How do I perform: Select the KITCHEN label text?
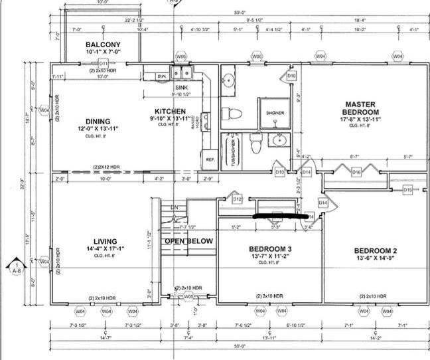click(x=171, y=112)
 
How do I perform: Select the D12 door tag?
click(x=237, y=198)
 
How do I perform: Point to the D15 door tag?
click(x=407, y=190)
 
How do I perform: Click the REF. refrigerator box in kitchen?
click(x=209, y=160)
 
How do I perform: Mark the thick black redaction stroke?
click(x=282, y=215)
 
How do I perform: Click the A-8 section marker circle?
click(x=15, y=269)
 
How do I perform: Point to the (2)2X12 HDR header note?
click(x=106, y=167)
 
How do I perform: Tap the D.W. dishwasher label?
click(x=162, y=76)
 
